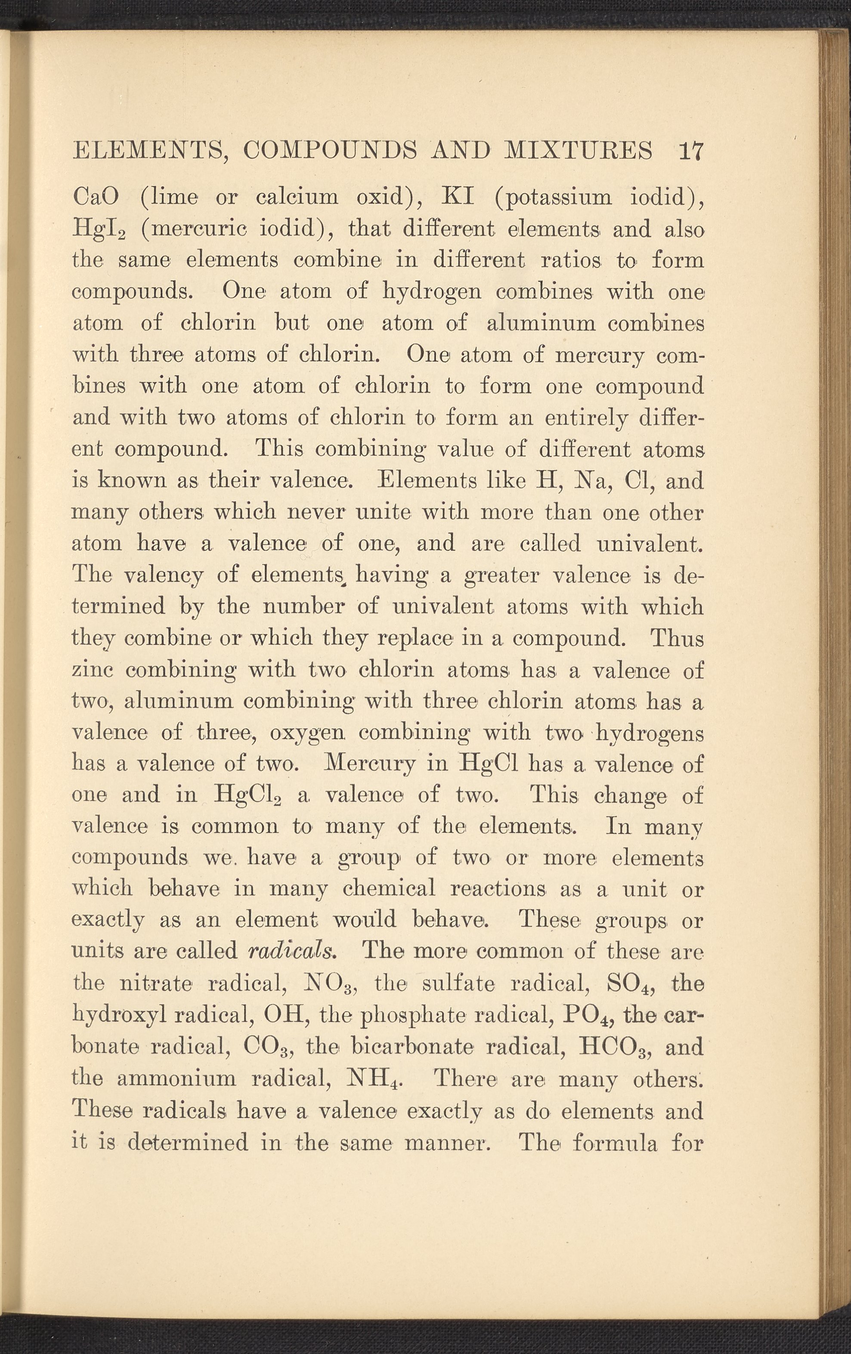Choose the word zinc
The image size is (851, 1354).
click(93, 671)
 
